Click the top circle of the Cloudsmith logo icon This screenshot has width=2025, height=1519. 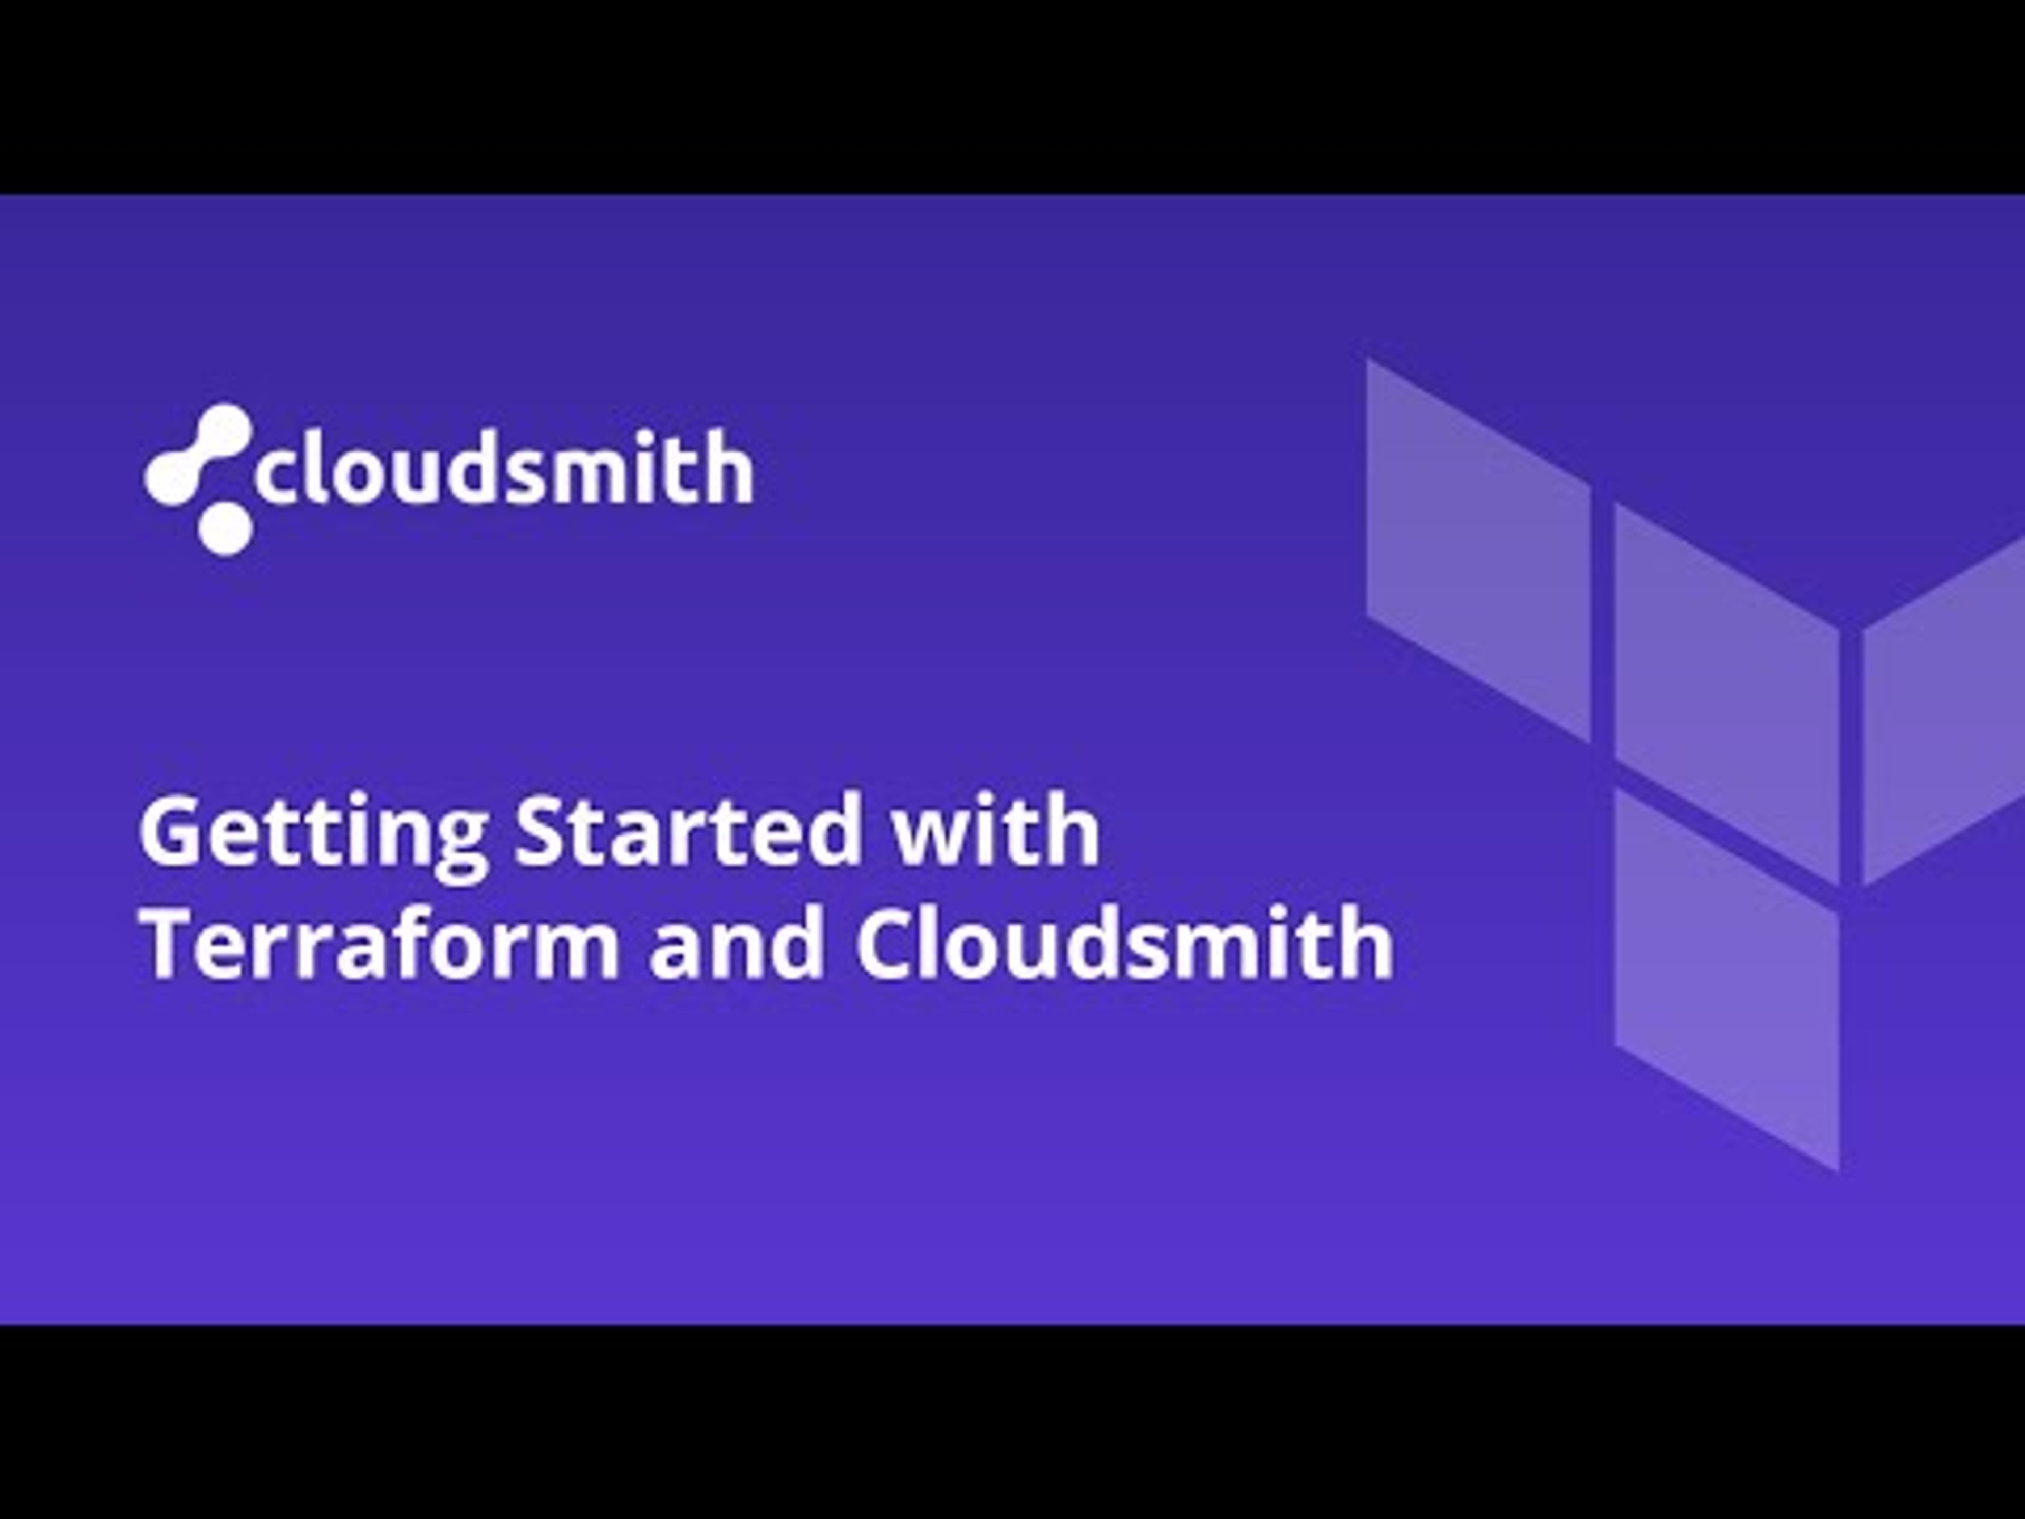[x=224, y=430]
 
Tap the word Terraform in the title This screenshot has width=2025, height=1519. [x=380, y=943]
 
